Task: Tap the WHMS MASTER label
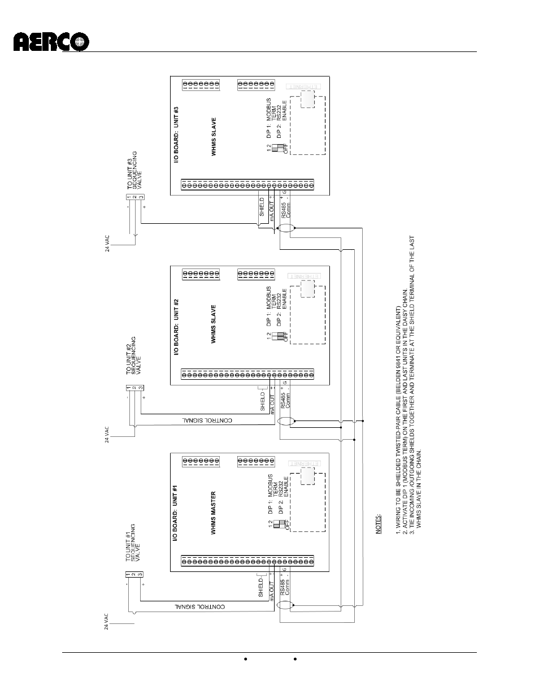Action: (x=214, y=513)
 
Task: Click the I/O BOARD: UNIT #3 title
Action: (x=176, y=135)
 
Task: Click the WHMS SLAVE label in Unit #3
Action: (x=214, y=136)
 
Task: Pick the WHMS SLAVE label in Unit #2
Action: (x=214, y=324)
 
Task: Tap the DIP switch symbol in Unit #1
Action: (x=278, y=524)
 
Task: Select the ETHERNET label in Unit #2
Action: (x=305, y=275)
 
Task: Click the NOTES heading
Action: (x=379, y=523)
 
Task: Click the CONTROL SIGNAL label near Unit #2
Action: (x=207, y=420)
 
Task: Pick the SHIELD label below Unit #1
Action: (x=261, y=587)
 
